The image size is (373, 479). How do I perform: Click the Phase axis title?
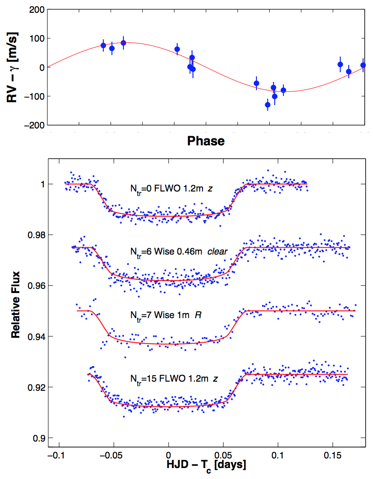tap(206, 141)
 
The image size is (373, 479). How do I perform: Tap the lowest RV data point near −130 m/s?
tap(268, 105)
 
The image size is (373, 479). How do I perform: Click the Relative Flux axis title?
tap(16, 311)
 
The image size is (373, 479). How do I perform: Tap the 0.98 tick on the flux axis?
tap(36, 235)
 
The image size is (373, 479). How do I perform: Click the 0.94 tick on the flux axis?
tap(36, 337)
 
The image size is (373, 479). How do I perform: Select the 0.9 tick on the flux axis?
tap(38, 438)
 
